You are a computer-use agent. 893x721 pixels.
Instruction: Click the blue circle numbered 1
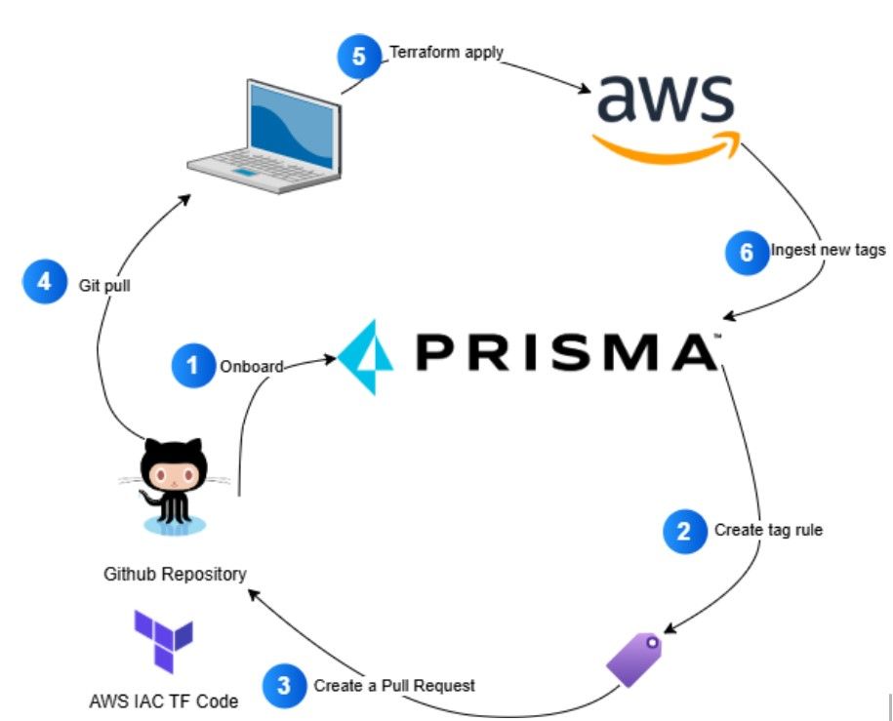[192, 366]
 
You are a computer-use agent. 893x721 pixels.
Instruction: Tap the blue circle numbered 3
[283, 685]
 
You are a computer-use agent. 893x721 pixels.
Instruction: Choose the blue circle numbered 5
[359, 57]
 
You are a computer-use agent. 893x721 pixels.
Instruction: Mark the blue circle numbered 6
[747, 251]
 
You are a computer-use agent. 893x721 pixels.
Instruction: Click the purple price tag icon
[634, 660]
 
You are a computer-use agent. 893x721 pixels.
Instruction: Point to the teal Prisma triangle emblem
[366, 356]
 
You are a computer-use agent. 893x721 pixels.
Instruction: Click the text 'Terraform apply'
[446, 52]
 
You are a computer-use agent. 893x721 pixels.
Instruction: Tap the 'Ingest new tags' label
[828, 251]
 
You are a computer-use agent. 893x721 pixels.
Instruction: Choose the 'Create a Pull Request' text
[394, 685]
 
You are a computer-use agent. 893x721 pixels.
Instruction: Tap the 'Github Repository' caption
[176, 574]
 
